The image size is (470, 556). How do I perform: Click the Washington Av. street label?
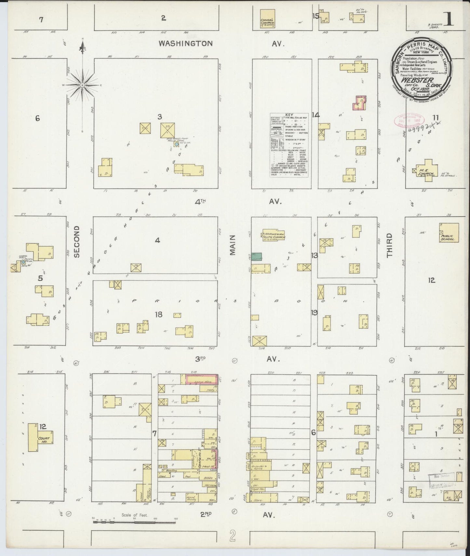tap(185, 43)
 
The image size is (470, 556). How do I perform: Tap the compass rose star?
tap(83, 85)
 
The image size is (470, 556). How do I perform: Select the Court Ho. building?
tap(40, 437)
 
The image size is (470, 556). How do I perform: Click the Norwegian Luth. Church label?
tap(275, 236)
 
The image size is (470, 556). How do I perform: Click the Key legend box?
tap(289, 145)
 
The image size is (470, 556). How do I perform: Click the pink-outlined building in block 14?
tap(359, 103)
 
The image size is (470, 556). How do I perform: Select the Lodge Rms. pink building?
tap(201, 379)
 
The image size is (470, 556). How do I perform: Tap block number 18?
tap(158, 314)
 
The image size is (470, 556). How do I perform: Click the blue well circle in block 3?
tap(177, 144)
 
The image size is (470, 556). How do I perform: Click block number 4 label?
tap(157, 240)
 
